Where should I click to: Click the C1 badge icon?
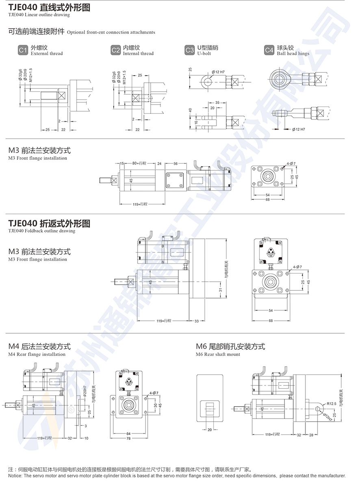pos(23,50)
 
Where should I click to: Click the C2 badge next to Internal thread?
pos(116,50)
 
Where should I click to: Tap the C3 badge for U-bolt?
pos(189,50)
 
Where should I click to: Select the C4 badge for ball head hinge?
pos(269,50)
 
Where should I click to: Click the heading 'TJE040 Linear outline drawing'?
pos(49,7)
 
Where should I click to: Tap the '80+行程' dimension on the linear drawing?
pos(139,163)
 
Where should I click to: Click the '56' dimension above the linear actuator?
pos(176,163)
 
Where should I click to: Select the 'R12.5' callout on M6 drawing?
pos(331,404)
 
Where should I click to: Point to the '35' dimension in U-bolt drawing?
pos(217,103)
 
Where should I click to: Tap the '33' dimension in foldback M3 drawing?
pos(197,321)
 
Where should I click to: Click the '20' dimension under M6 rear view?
pos(210,429)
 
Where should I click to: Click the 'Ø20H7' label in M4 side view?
pos(85,392)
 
